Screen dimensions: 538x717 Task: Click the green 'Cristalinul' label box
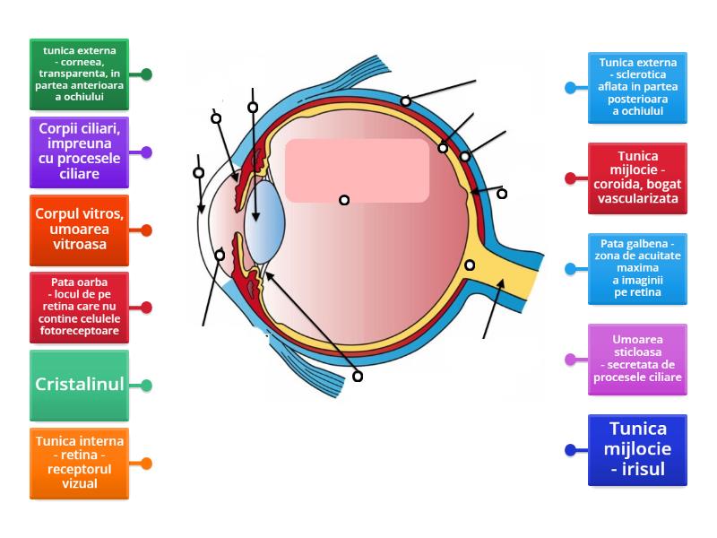[79, 386]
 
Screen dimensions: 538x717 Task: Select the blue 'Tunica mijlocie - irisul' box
[637, 450]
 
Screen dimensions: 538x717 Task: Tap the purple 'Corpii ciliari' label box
[79, 152]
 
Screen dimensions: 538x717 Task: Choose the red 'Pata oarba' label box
[79, 308]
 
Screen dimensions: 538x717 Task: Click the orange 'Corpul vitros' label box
[79, 230]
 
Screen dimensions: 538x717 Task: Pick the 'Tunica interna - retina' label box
[79, 464]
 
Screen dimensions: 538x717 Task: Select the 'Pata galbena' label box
[637, 268]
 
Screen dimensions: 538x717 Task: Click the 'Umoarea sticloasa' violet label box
[637, 359]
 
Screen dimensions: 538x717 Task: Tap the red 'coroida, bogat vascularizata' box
[637, 178]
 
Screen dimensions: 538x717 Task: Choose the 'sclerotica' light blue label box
[637, 88]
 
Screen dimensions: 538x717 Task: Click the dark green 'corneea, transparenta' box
[79, 74]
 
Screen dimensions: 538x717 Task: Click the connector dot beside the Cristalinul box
[146, 386]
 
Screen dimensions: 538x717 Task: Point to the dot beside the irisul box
[571, 450]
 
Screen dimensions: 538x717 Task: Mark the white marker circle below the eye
[358, 377]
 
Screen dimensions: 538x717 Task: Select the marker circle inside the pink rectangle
[344, 200]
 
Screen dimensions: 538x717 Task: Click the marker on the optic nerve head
[470, 265]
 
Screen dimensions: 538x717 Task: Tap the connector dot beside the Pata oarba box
[146, 308]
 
